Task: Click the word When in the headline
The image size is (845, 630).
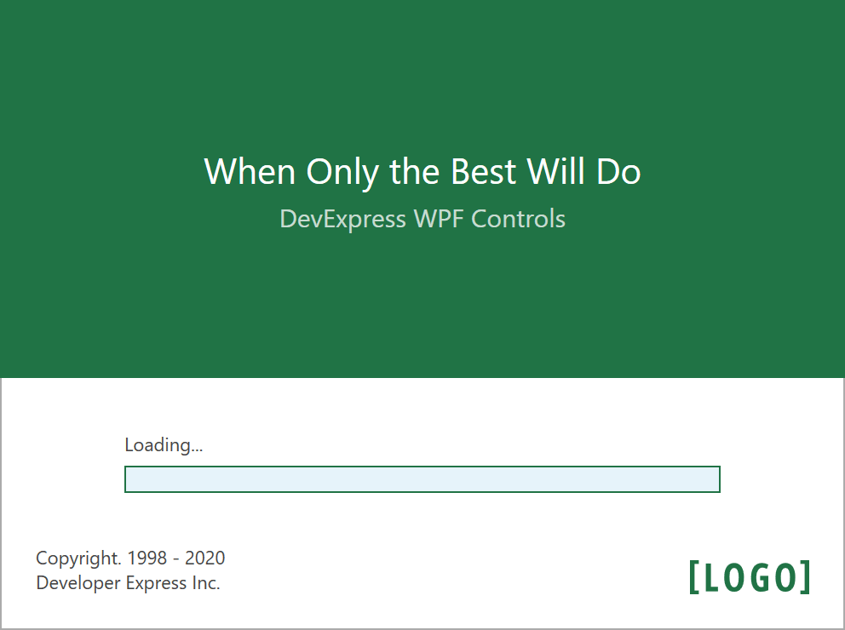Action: (250, 171)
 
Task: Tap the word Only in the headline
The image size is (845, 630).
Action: (342, 172)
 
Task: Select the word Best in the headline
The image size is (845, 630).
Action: (483, 171)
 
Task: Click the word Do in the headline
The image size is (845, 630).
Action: (618, 171)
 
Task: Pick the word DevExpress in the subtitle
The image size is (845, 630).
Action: (342, 220)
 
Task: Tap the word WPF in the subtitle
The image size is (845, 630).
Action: (438, 219)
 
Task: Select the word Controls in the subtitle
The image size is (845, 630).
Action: (518, 219)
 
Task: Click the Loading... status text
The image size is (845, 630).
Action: (164, 445)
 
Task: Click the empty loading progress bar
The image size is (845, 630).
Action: (422, 479)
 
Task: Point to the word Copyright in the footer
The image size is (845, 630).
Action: (78, 559)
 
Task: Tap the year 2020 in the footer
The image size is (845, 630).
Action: (204, 558)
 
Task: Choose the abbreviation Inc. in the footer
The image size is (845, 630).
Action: (206, 582)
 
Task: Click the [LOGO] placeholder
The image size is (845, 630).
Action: (750, 577)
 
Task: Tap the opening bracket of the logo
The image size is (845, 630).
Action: (694, 577)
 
